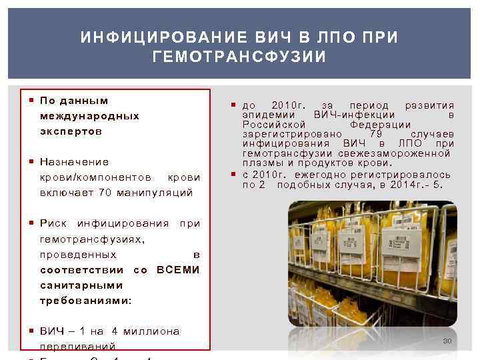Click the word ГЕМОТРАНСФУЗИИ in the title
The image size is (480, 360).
point(239,57)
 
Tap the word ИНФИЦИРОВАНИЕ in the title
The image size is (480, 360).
point(157,37)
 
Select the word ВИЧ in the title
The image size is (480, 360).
point(275,37)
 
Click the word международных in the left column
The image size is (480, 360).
point(89,116)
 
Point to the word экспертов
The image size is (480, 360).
point(71,131)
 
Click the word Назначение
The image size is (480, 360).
point(75,162)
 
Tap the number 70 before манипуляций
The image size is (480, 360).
point(105,193)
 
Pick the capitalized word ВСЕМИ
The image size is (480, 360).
point(177,270)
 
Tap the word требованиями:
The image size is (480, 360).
point(86,301)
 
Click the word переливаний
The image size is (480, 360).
point(78,347)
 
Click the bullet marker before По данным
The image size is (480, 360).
point(32,101)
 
